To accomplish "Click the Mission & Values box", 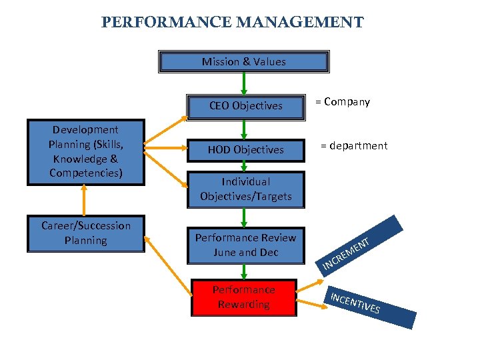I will [x=244, y=62].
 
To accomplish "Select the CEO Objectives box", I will [x=245, y=105].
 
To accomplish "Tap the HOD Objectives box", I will [x=245, y=150].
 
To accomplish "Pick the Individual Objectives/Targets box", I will [x=245, y=189].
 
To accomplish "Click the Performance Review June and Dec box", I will [x=245, y=245].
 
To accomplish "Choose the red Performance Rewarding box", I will [x=244, y=297].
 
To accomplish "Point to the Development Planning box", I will [x=85, y=152].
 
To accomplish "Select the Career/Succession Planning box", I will [x=85, y=233].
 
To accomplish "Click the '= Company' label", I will [x=342, y=102].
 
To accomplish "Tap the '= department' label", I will [x=353, y=146].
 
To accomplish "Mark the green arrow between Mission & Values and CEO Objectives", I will [x=244, y=83].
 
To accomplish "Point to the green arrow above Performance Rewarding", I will [x=244, y=271].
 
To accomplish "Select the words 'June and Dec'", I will [x=245, y=253].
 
